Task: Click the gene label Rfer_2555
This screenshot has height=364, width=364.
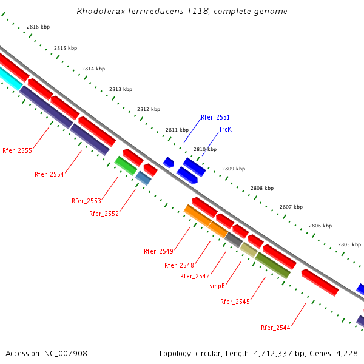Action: click(x=17, y=150)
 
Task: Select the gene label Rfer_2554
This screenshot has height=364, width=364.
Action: click(x=49, y=174)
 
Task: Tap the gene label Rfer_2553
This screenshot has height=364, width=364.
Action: click(x=86, y=201)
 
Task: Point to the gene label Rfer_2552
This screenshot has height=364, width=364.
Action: click(x=104, y=214)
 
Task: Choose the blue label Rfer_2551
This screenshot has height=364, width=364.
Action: click(x=215, y=117)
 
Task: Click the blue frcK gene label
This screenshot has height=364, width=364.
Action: click(x=225, y=129)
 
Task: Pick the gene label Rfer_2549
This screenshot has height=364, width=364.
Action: click(x=158, y=251)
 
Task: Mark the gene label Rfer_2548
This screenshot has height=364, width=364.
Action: click(x=179, y=265)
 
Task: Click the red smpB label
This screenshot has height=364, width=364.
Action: click(x=218, y=286)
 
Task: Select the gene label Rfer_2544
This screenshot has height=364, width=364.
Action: click(x=275, y=328)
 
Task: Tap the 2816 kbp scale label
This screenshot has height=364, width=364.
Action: click(x=38, y=27)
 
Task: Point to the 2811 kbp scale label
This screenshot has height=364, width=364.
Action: click(x=177, y=130)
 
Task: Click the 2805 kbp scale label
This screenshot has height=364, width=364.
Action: click(x=349, y=244)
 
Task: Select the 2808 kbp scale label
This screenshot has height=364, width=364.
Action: click(x=262, y=188)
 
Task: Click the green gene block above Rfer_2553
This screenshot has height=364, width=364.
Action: click(x=126, y=165)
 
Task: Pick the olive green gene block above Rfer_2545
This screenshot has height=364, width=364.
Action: click(x=272, y=265)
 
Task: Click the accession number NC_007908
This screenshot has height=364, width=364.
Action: click(x=67, y=353)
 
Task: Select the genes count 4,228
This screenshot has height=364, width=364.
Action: click(x=346, y=353)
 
